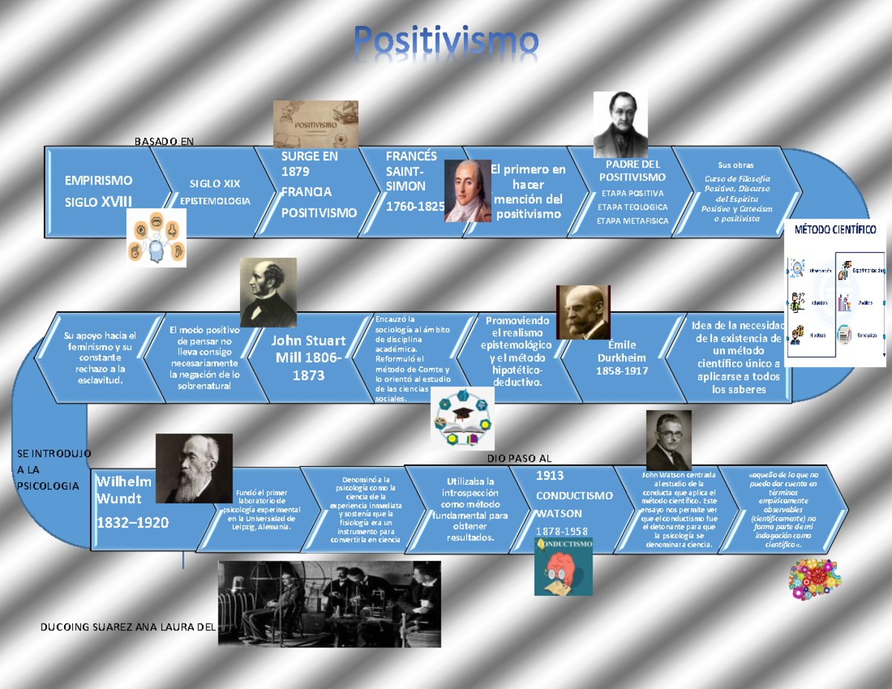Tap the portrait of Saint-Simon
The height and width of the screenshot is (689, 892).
[x=468, y=191]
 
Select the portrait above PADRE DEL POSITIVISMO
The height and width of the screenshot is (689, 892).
[x=620, y=125]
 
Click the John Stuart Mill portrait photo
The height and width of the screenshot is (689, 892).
[x=268, y=292]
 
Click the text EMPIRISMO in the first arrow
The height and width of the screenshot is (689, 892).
[x=99, y=180]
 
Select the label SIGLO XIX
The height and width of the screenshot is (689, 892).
[x=215, y=184]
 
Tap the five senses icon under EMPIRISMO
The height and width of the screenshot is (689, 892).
[x=155, y=237]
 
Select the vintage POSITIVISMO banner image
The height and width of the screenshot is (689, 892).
[x=316, y=124]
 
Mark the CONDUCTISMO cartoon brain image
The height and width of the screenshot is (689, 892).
[x=563, y=566]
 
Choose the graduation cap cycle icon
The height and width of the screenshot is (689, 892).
[x=462, y=420]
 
